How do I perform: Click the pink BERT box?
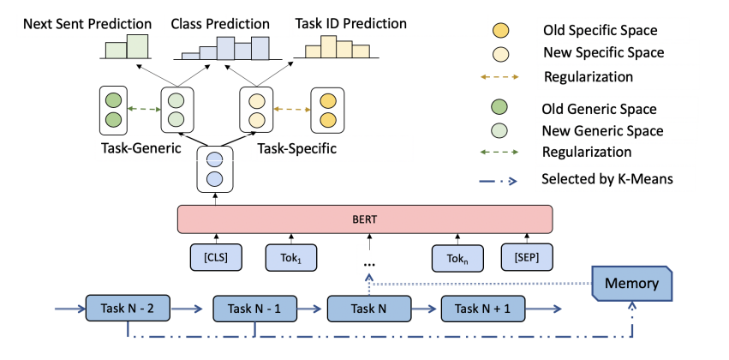coord(365,219)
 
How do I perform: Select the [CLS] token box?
coord(216,257)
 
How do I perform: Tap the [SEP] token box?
coord(527,257)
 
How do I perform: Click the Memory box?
coord(631,283)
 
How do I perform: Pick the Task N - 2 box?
coord(128,308)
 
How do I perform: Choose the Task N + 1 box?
coord(482,308)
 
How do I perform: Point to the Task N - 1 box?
coord(254,308)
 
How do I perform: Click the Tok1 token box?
coord(291,257)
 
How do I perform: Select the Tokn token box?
coord(457,257)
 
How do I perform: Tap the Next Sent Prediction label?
coord(87,23)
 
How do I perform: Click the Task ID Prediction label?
coord(351,23)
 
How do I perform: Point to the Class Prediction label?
coord(220,23)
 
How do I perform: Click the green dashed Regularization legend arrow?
coord(499,152)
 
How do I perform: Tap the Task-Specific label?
coord(296,149)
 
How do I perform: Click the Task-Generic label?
coord(140,149)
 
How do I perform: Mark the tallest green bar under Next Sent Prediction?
coord(138,46)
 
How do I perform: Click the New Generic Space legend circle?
coord(499,130)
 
